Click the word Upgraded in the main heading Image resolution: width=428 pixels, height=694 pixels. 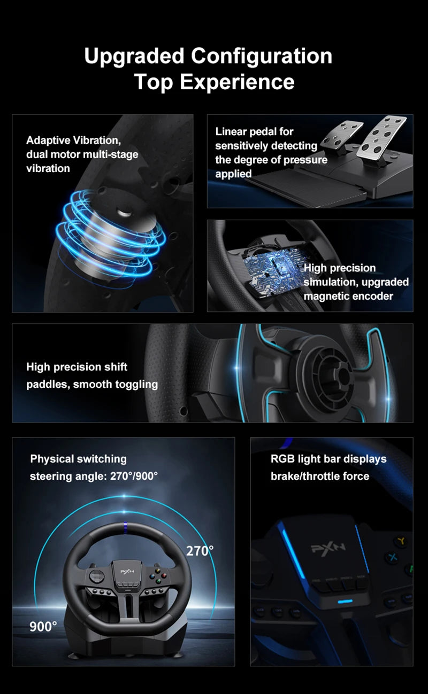134,56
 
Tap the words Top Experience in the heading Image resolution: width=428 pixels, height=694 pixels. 214,82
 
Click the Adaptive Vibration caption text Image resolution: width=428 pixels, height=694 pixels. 74,141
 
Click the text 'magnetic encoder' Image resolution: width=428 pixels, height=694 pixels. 348,296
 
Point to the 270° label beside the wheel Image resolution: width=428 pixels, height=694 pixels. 200,551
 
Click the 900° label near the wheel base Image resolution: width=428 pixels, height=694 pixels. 43,626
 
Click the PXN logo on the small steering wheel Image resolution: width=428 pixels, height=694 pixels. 126,571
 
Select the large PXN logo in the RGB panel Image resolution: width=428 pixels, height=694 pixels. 328,547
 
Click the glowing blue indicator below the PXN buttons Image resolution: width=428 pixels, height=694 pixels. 345,601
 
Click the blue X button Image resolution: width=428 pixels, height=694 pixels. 393,557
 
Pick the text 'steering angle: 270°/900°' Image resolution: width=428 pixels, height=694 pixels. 94,475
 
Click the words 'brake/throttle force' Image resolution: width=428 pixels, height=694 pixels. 319,475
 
